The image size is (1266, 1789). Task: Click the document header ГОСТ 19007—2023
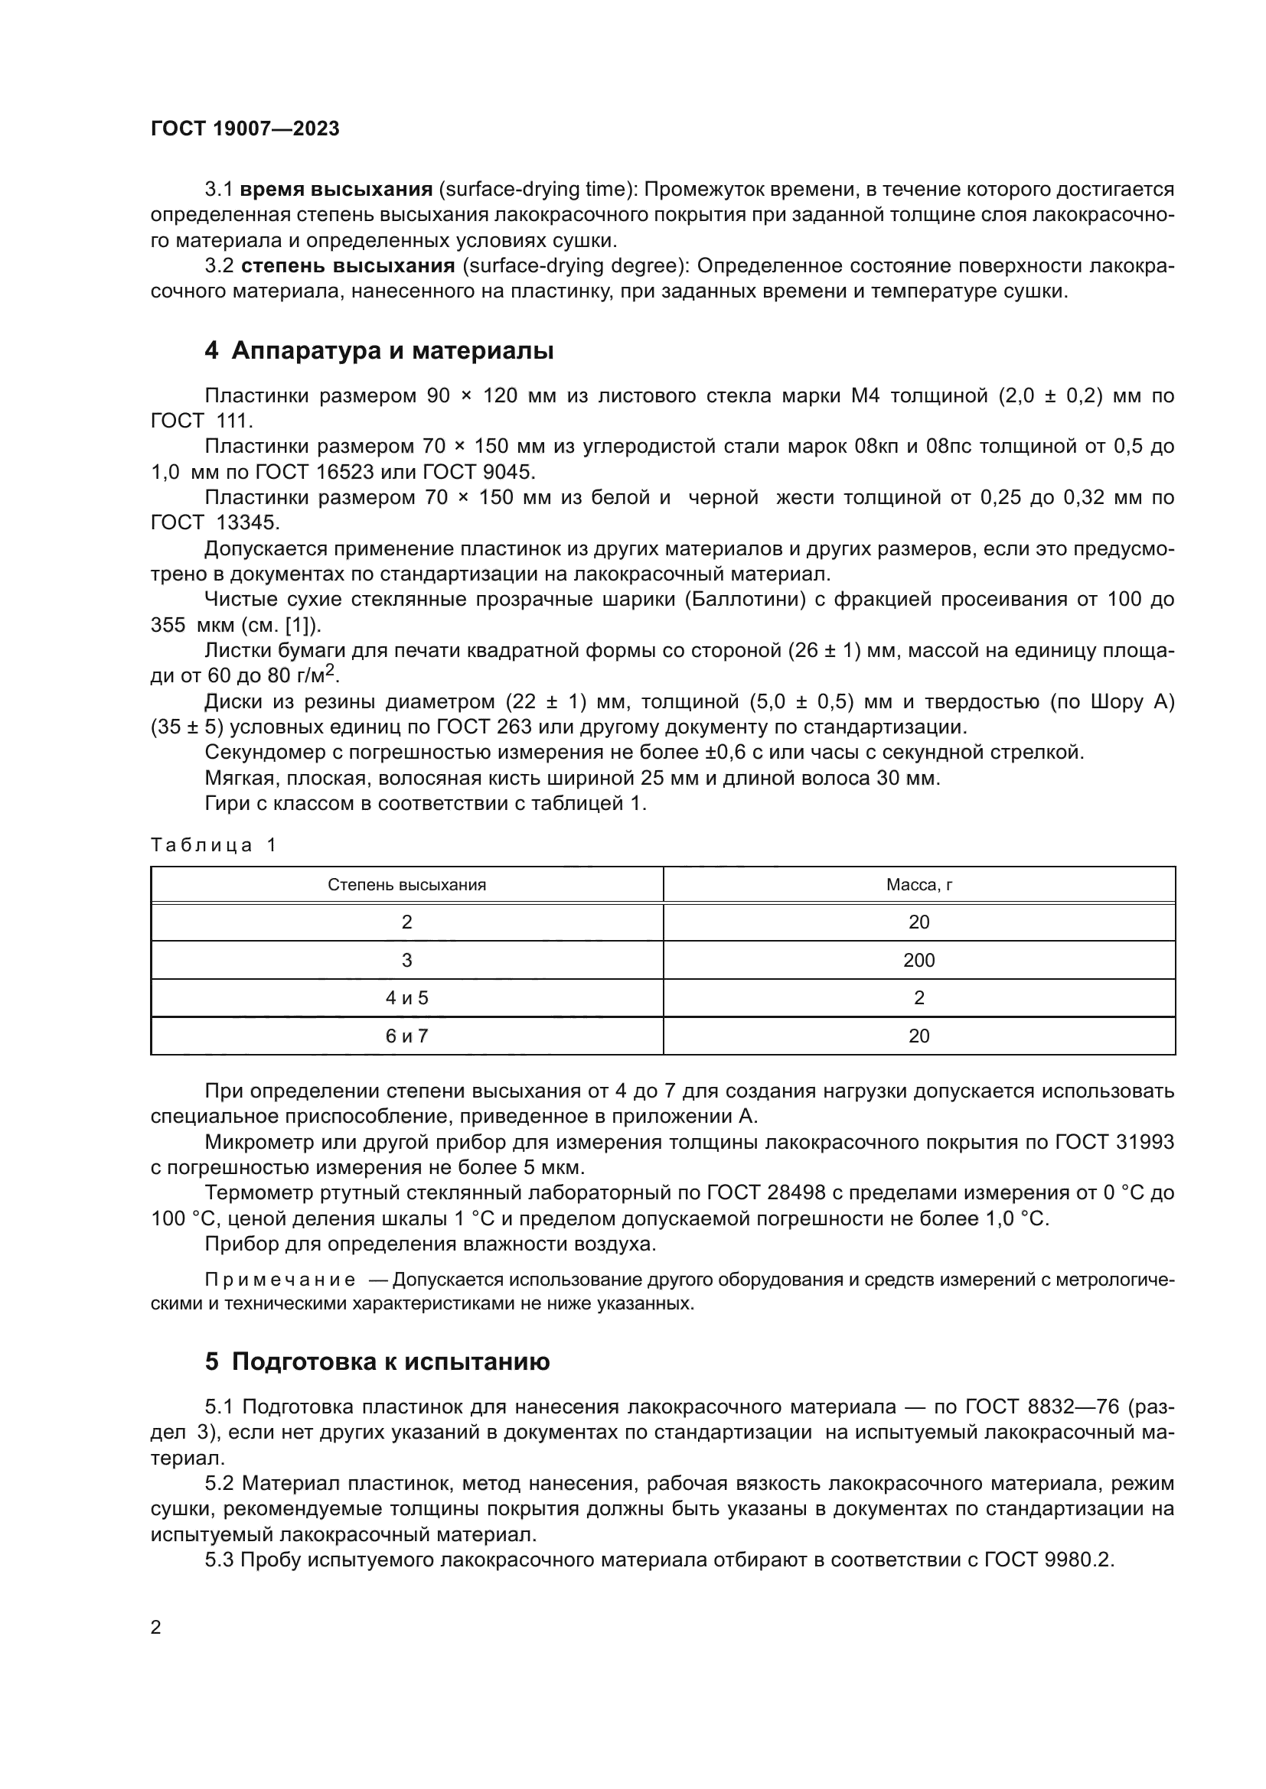pyautogui.click(x=245, y=128)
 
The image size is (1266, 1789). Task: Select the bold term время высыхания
pyautogui.click(x=336, y=190)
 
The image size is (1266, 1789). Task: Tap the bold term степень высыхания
pyautogui.click(x=347, y=266)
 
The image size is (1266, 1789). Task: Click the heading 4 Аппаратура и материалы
pyautogui.click(x=379, y=350)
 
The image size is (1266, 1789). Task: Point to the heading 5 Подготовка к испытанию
pyautogui.click(x=377, y=1361)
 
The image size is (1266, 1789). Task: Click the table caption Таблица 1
pyautogui.click(x=214, y=845)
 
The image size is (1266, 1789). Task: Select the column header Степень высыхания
pyautogui.click(x=406, y=885)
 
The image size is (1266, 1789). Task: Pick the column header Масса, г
pyautogui.click(x=919, y=885)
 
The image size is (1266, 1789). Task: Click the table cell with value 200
pyautogui.click(x=919, y=960)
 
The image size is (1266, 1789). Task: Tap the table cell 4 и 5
pyautogui.click(x=406, y=998)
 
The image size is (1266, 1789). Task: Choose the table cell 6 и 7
pyautogui.click(x=406, y=1036)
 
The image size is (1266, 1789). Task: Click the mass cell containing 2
pyautogui.click(x=919, y=998)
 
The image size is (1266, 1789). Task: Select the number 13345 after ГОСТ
pyautogui.click(x=247, y=523)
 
